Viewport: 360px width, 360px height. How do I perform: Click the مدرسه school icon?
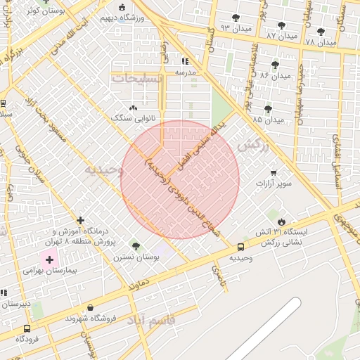185,62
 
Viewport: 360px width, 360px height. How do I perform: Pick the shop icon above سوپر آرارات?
273,172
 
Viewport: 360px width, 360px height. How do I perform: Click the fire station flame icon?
281,221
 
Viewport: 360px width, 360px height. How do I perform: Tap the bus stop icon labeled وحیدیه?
240,247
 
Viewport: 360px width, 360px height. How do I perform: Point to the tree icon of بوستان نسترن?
136,247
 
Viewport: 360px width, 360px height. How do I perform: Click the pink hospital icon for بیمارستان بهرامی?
49,259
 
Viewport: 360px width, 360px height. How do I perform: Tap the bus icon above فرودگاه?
27,328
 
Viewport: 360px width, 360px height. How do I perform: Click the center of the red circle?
180,180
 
